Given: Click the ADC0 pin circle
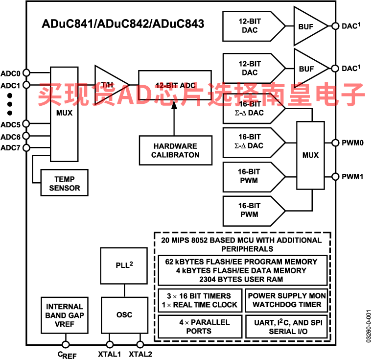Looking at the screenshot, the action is pos(26,72).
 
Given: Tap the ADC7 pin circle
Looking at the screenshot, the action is pos(26,148).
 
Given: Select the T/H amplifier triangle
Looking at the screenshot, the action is pos(112,85).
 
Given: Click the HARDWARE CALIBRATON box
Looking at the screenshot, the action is pos(176,150).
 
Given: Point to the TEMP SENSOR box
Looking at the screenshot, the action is pos(64,183).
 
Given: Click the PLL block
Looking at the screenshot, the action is pos(124,266).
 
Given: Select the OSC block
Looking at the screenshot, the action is pos(124,315).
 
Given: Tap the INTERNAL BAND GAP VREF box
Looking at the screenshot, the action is pos(64,315).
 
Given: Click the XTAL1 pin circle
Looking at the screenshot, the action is pos(109,344).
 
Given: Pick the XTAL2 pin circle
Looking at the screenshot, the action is pos(140,344).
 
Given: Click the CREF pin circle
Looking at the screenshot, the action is pos(66,344).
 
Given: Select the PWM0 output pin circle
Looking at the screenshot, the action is pos(335,143).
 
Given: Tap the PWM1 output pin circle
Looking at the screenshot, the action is pos(335,177).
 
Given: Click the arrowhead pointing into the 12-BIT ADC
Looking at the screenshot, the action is pos(174,104).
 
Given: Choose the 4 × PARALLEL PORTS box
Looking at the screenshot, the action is pos(200,327).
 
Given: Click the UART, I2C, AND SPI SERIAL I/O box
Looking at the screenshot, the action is pos(287,327).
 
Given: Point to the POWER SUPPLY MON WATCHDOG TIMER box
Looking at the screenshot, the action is pos(287,300).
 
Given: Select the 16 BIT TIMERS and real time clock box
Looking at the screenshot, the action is pos(200,300).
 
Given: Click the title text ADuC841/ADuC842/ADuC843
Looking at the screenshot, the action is pos(123,24).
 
